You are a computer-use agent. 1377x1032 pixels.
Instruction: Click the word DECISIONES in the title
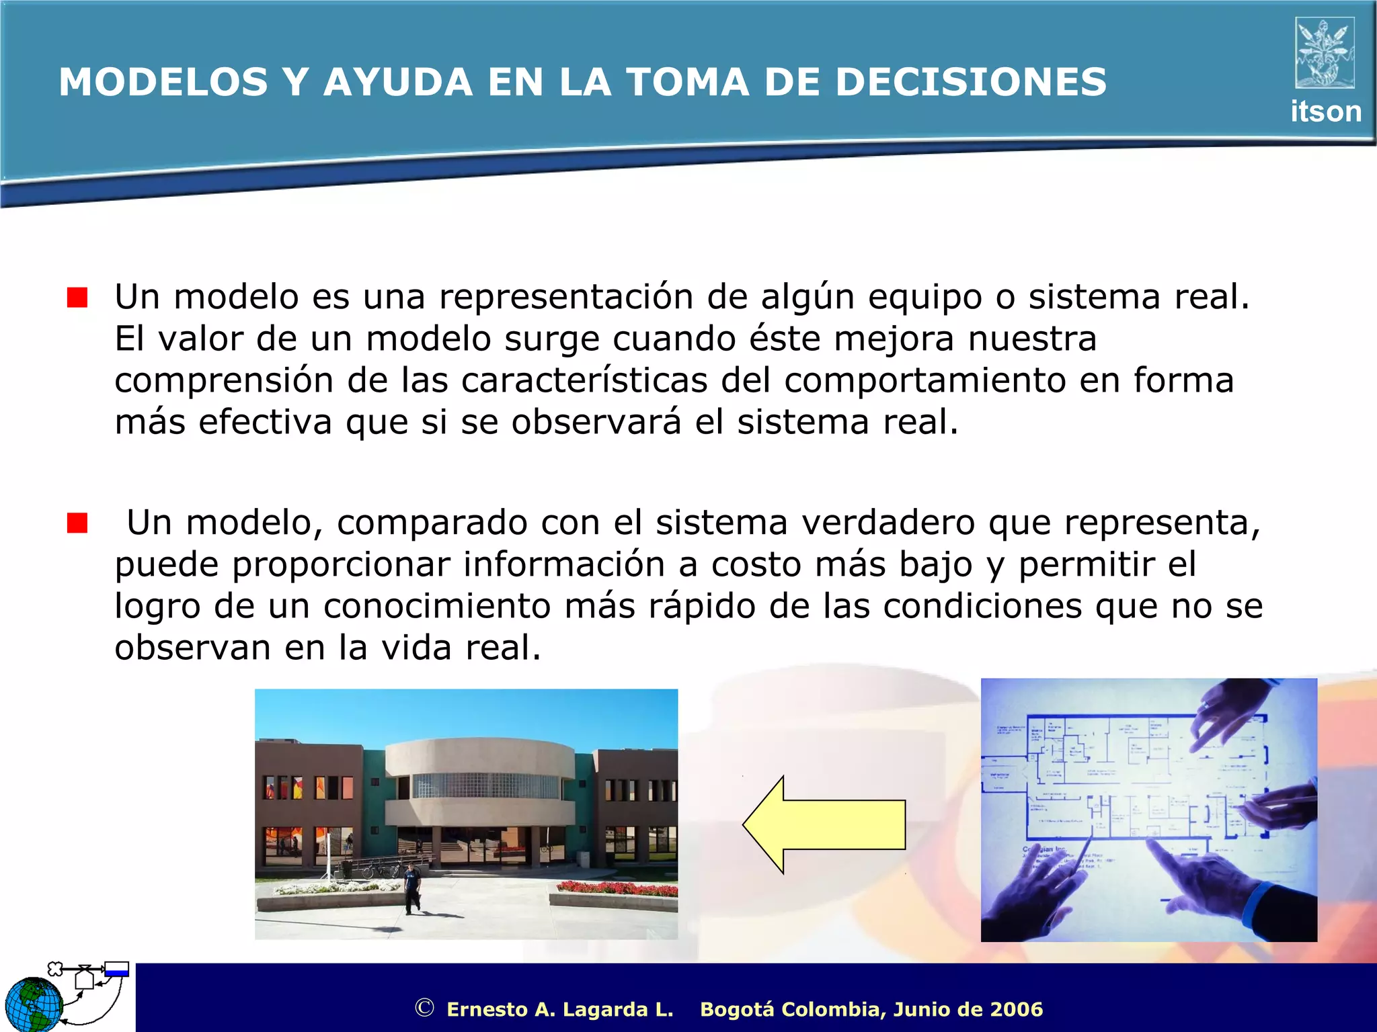(969, 82)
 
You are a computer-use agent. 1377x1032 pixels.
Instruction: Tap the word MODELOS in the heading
(163, 82)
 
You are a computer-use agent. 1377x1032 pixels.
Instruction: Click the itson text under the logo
(1325, 112)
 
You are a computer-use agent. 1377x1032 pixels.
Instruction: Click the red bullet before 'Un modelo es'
(77, 297)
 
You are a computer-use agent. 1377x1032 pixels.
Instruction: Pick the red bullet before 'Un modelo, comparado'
(77, 523)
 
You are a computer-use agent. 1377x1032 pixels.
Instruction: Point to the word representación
(566, 297)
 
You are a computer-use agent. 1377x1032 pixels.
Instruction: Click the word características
(584, 381)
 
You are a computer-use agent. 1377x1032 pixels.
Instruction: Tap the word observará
(596, 423)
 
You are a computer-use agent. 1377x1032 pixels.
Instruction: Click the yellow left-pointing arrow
(824, 824)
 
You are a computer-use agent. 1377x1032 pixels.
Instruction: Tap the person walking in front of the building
(411, 888)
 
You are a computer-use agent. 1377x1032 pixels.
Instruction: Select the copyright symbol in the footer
(424, 1008)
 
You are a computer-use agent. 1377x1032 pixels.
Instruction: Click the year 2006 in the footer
(1016, 1009)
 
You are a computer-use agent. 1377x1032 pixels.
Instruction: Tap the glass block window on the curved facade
(485, 785)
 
